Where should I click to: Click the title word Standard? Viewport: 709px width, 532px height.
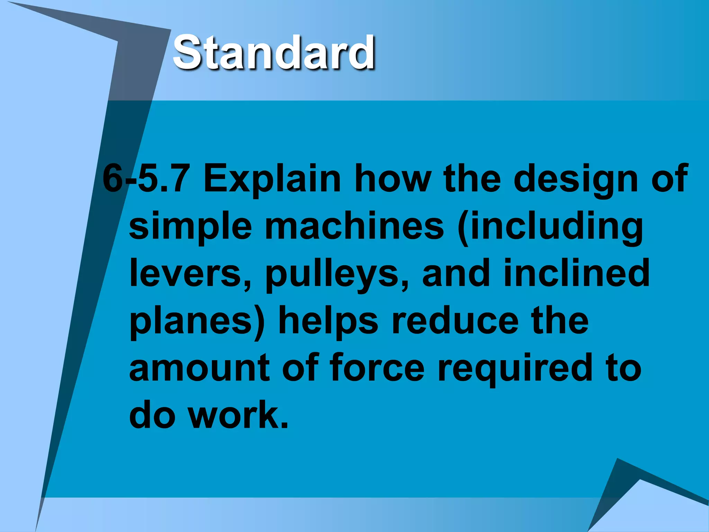click(x=273, y=53)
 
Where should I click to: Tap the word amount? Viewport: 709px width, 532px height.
click(x=199, y=368)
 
